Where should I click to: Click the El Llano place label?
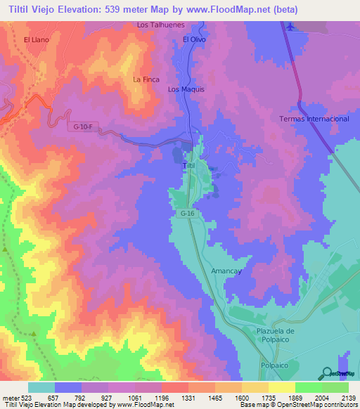pos(36,40)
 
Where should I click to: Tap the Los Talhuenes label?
pos(160,25)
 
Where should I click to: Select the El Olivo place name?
pos(195,40)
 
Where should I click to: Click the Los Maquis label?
pos(186,90)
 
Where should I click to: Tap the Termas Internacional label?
pos(314,119)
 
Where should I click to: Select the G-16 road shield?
pos(186,212)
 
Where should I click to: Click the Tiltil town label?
pos(188,164)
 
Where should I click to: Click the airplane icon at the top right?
pos(290,26)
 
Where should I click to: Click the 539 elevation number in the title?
pos(108,10)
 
